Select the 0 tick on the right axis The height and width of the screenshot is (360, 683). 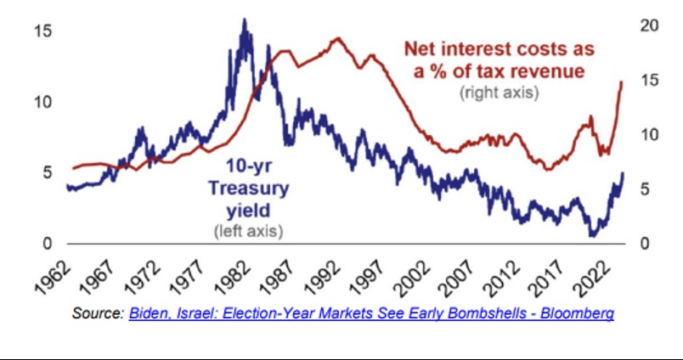click(645, 245)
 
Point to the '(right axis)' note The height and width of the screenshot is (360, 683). click(499, 93)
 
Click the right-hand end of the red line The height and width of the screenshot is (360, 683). click(622, 82)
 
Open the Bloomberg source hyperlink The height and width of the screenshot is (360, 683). click(371, 314)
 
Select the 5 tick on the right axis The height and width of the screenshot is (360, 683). click(645, 189)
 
